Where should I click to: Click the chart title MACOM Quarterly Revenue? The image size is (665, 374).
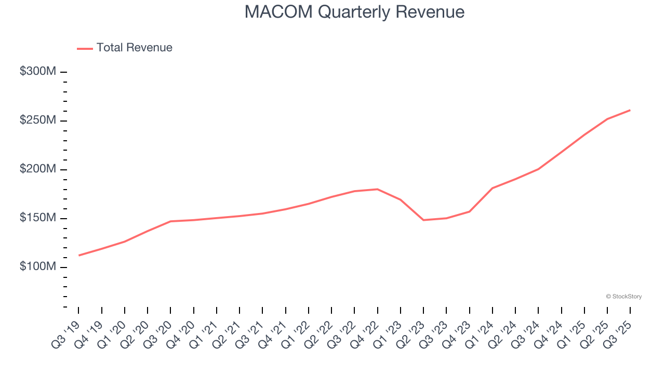point(354,12)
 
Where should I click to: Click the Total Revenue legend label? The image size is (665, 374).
point(134,48)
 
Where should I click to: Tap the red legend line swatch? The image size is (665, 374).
point(85,48)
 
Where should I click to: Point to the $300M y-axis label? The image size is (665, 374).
point(37,72)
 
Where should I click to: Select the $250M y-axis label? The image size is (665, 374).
point(37,121)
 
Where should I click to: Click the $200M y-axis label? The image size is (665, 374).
point(37,169)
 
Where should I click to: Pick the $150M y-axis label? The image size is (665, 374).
point(37,218)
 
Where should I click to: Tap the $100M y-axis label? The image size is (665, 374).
point(37,267)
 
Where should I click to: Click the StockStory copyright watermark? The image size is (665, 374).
point(623,297)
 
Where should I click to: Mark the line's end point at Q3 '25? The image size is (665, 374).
point(630,110)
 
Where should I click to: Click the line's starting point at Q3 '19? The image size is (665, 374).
point(78,256)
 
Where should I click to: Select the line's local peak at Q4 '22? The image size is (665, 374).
point(377,189)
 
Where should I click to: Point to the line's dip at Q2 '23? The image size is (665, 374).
point(423,220)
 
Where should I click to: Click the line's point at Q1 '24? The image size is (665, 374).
point(492,188)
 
